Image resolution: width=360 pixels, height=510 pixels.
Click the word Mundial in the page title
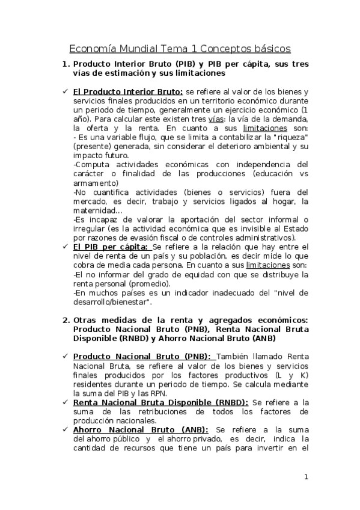click(x=139, y=48)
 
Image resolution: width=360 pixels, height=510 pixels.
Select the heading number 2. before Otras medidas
click(x=66, y=320)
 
